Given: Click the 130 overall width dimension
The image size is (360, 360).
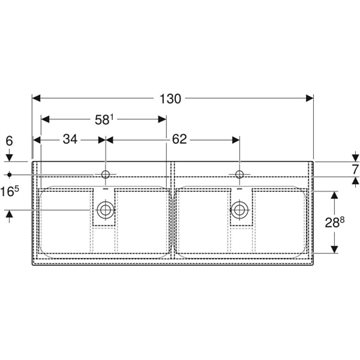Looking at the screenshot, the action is [x=170, y=99].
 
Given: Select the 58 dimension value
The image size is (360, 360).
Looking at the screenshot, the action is [x=102, y=120].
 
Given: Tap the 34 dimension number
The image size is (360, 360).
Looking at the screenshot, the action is [x=70, y=139].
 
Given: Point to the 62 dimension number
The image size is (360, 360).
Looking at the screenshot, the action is [x=179, y=139].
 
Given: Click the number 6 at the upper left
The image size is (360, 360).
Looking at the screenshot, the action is [x=9, y=141].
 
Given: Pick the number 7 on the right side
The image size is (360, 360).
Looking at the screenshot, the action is [x=355, y=169].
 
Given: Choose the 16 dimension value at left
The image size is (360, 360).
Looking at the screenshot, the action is [x=11, y=193].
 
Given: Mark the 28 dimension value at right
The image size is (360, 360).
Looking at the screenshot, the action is [x=334, y=222].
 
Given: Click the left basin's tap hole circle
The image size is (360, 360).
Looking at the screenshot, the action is [x=106, y=174].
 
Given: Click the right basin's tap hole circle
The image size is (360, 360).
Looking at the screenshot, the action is [x=239, y=174].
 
